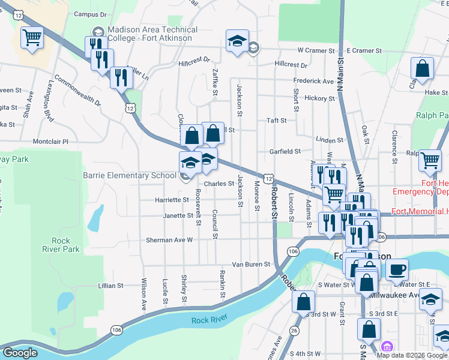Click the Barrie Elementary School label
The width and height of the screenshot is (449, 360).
(130, 175)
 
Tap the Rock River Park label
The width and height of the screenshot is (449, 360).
(61, 245)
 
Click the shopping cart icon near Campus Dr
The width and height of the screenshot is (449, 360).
(32, 38)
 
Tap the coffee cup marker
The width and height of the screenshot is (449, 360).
(396, 269)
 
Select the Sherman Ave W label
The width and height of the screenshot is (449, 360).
(169, 239)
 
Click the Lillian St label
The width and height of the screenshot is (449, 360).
(111, 286)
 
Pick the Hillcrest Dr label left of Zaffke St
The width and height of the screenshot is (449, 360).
(194, 60)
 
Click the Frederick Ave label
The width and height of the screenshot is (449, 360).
(313, 81)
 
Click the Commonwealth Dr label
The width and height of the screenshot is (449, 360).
(77, 91)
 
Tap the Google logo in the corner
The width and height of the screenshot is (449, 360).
(20, 353)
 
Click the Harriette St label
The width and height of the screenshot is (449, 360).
(173, 200)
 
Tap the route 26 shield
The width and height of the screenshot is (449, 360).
(294, 331)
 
